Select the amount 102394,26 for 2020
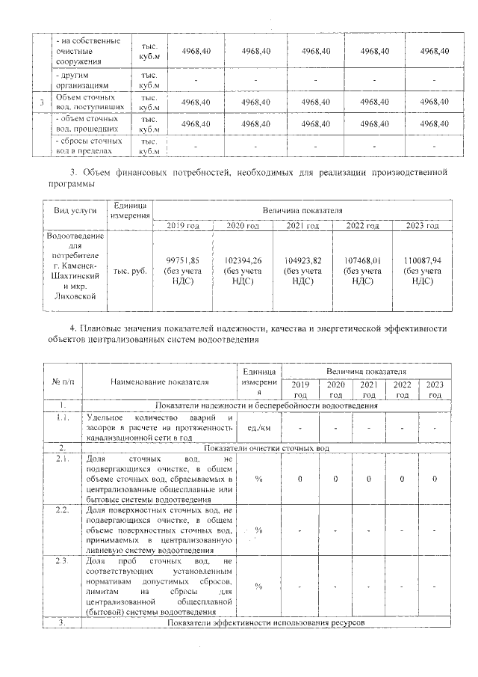tap(243, 260)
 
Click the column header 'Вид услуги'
tap(75, 211)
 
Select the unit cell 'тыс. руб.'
tap(130, 271)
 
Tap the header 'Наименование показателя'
tap(157, 382)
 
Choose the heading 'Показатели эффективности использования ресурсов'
tap(266, 622)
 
